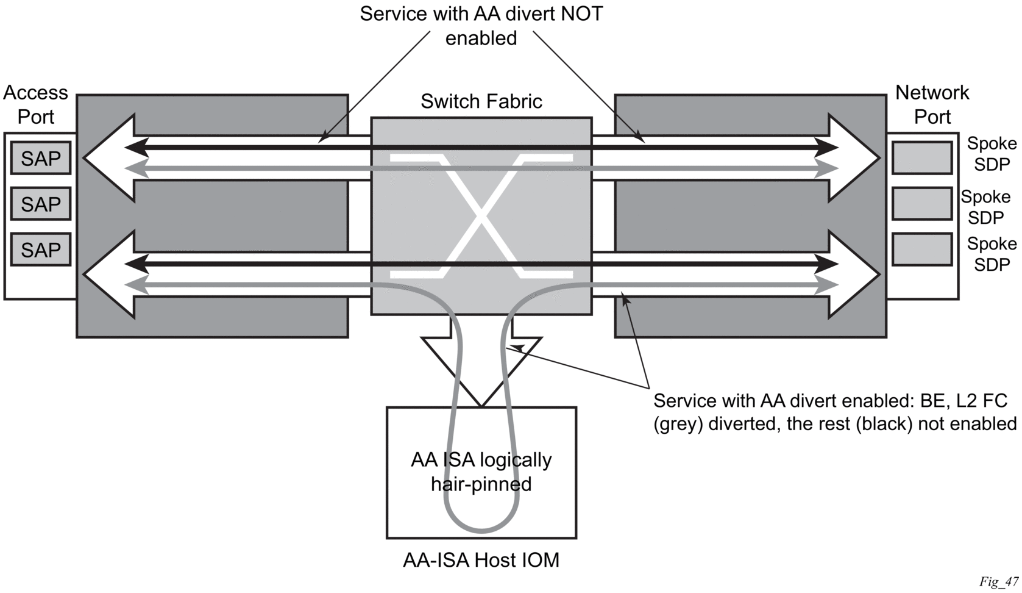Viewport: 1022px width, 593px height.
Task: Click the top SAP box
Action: click(40, 159)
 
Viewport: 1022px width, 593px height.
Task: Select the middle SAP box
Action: click(40, 204)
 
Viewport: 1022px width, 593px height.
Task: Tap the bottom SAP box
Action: click(40, 249)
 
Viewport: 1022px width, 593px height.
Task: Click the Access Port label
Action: click(35, 104)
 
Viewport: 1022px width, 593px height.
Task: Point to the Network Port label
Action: click(932, 104)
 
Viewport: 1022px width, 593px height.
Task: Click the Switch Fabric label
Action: click(481, 101)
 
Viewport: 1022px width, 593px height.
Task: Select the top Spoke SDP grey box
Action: click(922, 158)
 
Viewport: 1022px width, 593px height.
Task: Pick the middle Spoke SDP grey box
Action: click(922, 204)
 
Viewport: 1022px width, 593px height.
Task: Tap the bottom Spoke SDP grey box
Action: click(922, 249)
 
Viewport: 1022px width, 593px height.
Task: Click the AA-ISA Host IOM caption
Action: click(481, 560)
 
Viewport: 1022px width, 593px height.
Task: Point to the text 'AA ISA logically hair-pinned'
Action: click(481, 472)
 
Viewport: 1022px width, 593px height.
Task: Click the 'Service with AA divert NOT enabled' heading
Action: click(481, 26)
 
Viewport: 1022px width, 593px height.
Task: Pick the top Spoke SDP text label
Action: click(992, 154)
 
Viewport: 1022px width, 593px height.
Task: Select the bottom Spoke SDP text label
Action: click(992, 254)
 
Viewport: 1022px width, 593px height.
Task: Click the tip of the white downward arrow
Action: click(481, 405)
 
